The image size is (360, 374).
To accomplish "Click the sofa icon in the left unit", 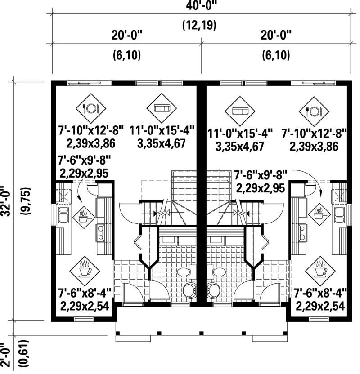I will tap(162, 108).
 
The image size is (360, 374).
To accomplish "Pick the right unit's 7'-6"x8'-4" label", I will tap(320, 294).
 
